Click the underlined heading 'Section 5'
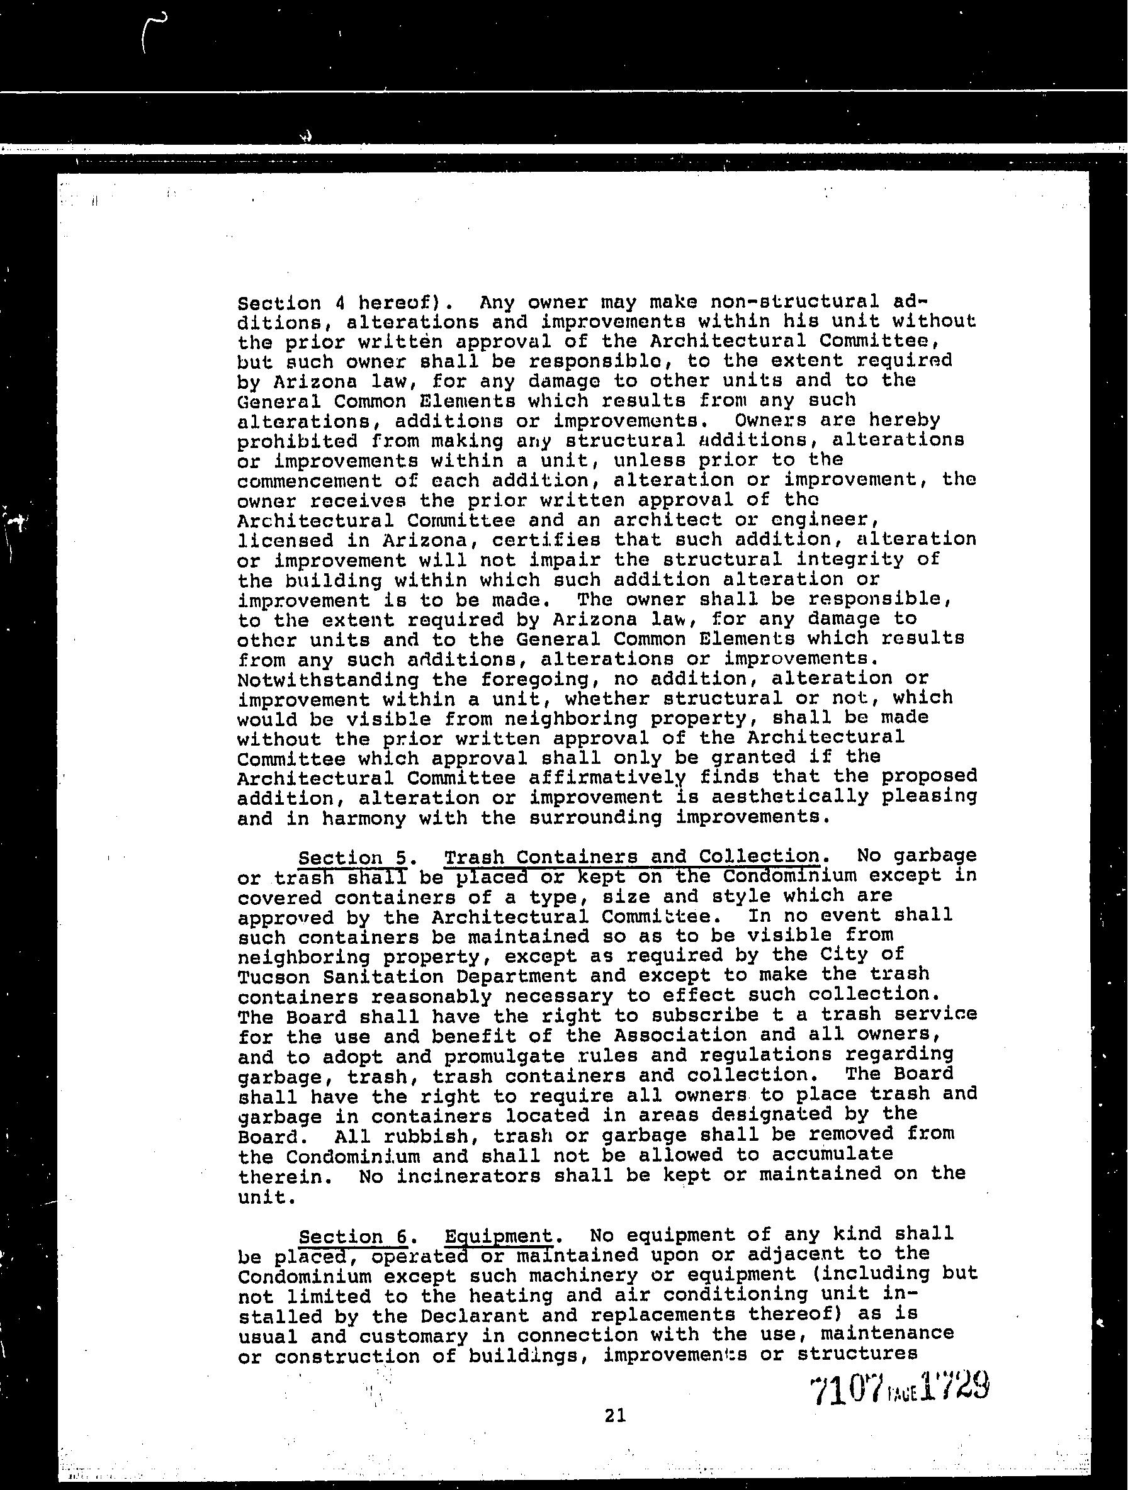[x=352, y=858]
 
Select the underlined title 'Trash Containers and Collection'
[x=631, y=856]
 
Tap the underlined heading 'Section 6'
[x=352, y=1236]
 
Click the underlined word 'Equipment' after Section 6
[x=498, y=1236]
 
